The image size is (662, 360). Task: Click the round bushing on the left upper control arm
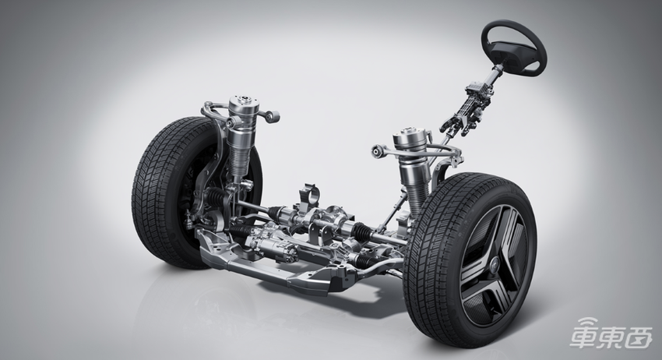(x=274, y=116)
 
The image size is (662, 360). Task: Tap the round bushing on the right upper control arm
(x=378, y=150)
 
